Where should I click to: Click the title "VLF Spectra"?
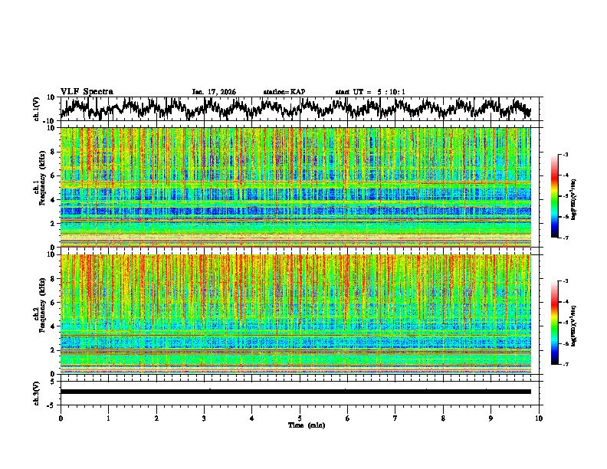pyautogui.click(x=87, y=91)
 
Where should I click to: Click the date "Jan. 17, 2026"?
pyautogui.click(x=214, y=92)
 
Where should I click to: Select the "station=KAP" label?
pyautogui.click(x=284, y=92)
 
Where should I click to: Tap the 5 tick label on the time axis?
pyautogui.click(x=300, y=418)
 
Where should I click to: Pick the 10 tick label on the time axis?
pyautogui.click(x=539, y=418)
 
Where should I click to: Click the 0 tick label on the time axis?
pyautogui.click(x=61, y=418)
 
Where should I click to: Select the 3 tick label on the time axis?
pyautogui.click(x=204, y=418)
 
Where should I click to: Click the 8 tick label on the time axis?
pyautogui.click(x=443, y=418)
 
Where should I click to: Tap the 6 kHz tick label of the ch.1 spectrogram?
pyautogui.click(x=54, y=175)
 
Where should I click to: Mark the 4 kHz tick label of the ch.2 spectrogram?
pyautogui.click(x=54, y=326)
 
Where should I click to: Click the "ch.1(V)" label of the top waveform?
pyautogui.click(x=37, y=109)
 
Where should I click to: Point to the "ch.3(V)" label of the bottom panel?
pyautogui.click(x=37, y=392)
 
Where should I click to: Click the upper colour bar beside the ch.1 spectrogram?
pyautogui.click(x=556, y=196)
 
